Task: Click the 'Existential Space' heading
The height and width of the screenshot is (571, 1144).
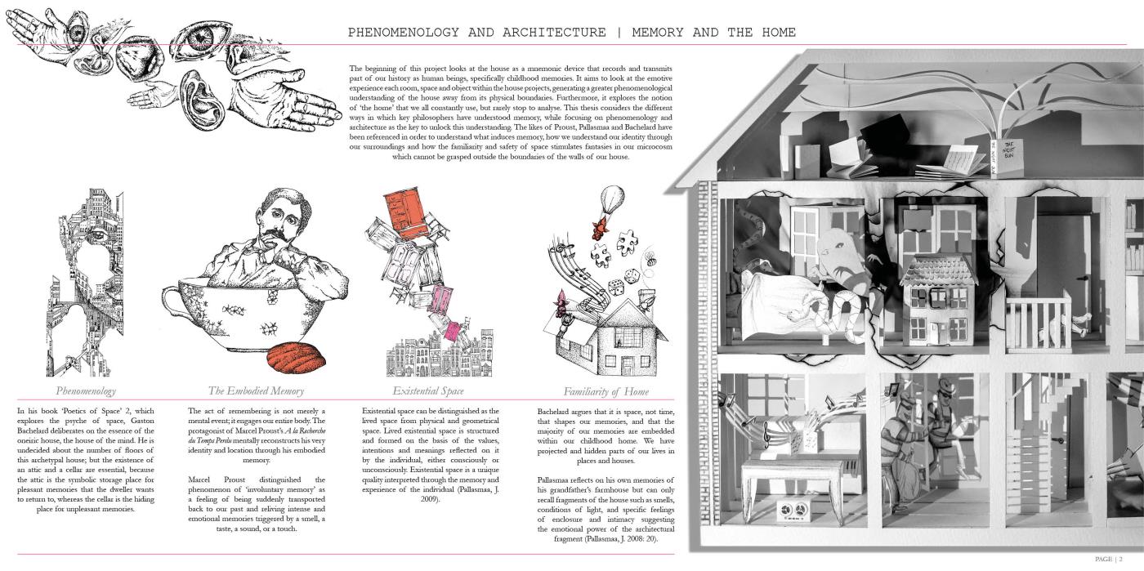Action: [x=428, y=391]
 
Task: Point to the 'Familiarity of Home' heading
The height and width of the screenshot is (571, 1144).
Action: [x=606, y=391]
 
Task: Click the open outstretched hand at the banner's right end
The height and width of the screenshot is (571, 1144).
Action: [x=306, y=105]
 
